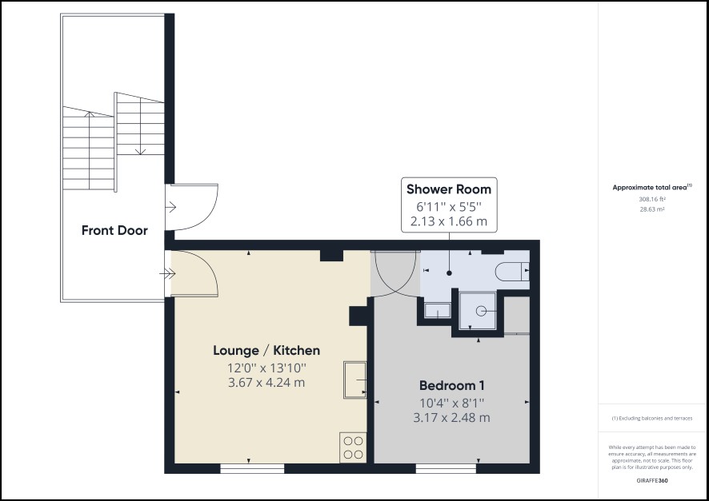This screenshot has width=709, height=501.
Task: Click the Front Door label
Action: tap(114, 231)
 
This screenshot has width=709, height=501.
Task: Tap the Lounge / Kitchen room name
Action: tap(266, 350)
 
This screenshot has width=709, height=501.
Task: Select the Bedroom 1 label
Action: tap(451, 385)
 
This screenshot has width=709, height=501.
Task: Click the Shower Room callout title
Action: tap(449, 189)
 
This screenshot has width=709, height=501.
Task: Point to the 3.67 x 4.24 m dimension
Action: tap(266, 383)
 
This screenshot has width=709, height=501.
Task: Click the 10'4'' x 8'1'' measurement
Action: tap(451, 402)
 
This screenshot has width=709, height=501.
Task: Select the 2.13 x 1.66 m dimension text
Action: tap(449, 221)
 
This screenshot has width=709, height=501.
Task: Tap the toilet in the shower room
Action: tap(512, 272)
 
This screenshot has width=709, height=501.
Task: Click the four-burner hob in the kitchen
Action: tap(353, 447)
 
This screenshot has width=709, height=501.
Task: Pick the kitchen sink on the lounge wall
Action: tap(355, 380)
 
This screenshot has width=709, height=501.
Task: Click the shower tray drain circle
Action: tap(481, 311)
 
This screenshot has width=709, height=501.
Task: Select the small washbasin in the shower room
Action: tap(437, 311)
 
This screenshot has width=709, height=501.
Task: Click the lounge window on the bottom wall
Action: tap(252, 468)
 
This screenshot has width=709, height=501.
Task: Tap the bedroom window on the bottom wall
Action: tap(446, 468)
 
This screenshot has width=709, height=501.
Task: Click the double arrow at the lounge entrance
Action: tap(167, 273)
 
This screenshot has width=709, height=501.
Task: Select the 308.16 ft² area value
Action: tap(652, 199)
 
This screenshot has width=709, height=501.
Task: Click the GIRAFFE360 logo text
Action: tap(652, 481)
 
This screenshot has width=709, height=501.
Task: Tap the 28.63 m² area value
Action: tap(652, 209)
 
